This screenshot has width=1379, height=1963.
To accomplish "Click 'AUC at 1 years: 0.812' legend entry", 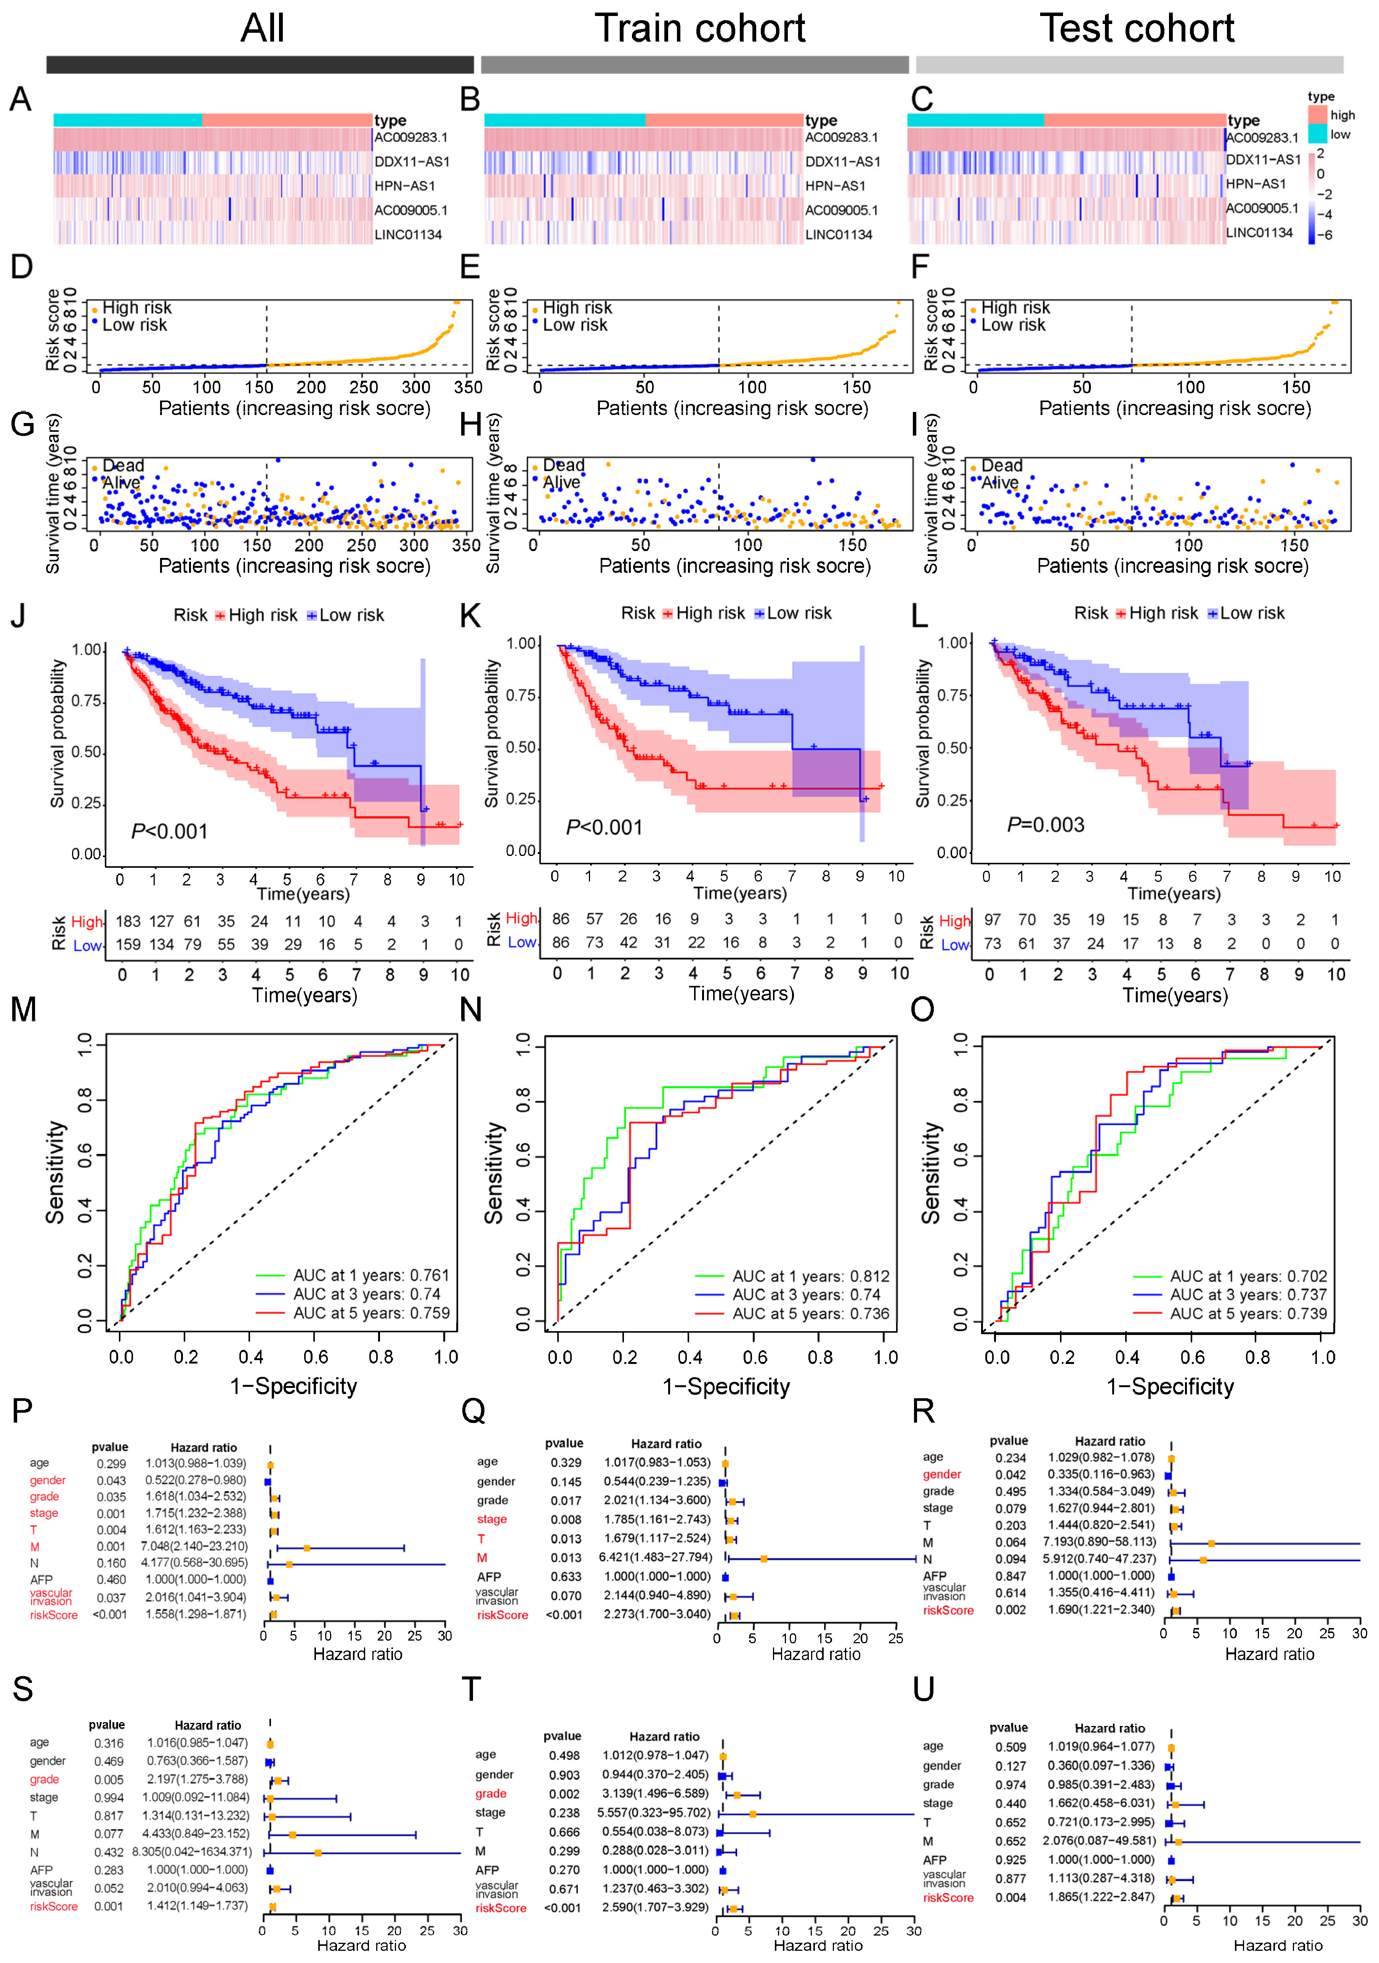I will coord(810,1276).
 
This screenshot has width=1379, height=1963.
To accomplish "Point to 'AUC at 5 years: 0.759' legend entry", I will coord(371,1313).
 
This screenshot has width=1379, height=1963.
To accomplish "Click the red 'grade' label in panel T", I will coord(491,1794).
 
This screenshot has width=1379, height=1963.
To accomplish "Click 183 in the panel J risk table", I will coord(128,921).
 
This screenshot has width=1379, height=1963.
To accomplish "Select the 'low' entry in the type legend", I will coord(1340,134).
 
